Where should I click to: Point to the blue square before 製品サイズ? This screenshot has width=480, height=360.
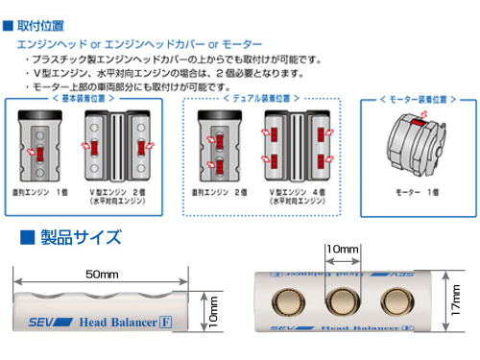[27, 236]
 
